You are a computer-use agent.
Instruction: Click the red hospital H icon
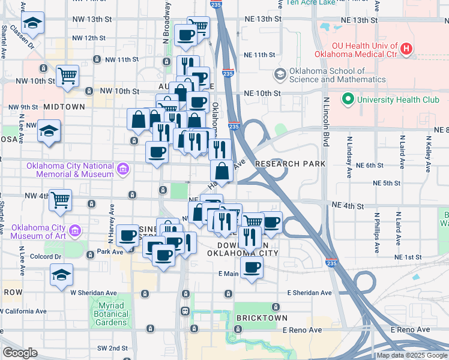(407, 49)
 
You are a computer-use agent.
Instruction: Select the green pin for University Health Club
(347, 99)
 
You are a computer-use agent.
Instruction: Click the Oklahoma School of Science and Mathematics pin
(280, 74)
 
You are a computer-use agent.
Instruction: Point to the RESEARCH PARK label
(290, 164)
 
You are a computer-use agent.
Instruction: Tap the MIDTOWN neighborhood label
(64, 107)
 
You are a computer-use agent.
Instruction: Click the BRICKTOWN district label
(261, 317)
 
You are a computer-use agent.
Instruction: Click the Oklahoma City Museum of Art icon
(74, 230)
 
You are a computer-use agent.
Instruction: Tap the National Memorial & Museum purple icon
(123, 170)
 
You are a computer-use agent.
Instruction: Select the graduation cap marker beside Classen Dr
(32, 23)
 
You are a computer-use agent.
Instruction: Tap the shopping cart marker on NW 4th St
(61, 200)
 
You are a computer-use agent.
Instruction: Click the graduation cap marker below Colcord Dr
(61, 275)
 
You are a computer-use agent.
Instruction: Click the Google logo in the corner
(20, 353)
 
